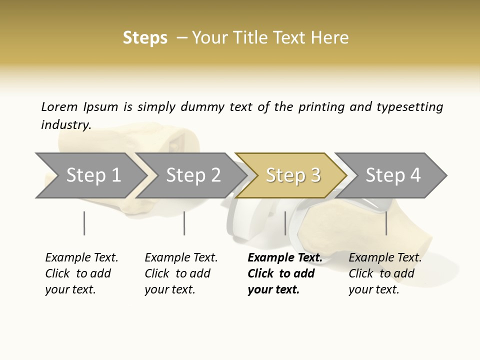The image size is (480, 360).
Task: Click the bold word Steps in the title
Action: coord(145,38)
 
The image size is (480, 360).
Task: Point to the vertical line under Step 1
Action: coord(84,223)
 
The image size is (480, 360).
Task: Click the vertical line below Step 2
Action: coord(184,223)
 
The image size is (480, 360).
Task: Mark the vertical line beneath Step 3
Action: coord(285,223)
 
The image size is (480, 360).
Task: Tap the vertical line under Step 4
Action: coord(386,223)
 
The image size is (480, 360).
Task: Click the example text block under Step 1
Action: coord(81,273)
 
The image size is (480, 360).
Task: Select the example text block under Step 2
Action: coord(180,273)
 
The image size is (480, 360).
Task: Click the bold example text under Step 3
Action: coord(284,273)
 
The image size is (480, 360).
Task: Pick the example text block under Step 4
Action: coord(384,273)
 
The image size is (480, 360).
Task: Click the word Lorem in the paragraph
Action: coord(59,107)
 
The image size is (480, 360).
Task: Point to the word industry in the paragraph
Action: coord(65,125)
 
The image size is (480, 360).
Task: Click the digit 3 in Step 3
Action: coord(315,175)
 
